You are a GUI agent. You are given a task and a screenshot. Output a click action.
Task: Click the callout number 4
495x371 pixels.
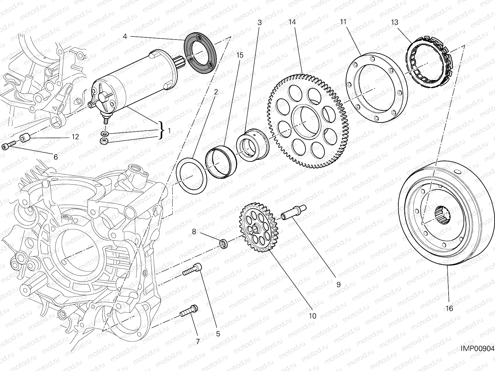[x=125, y=36]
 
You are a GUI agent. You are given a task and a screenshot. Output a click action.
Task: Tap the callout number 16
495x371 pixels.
[x=449, y=308]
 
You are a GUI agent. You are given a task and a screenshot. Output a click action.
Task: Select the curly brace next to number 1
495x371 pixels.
[x=161, y=131]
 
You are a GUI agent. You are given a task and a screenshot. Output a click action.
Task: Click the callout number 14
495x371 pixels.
[x=292, y=22]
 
